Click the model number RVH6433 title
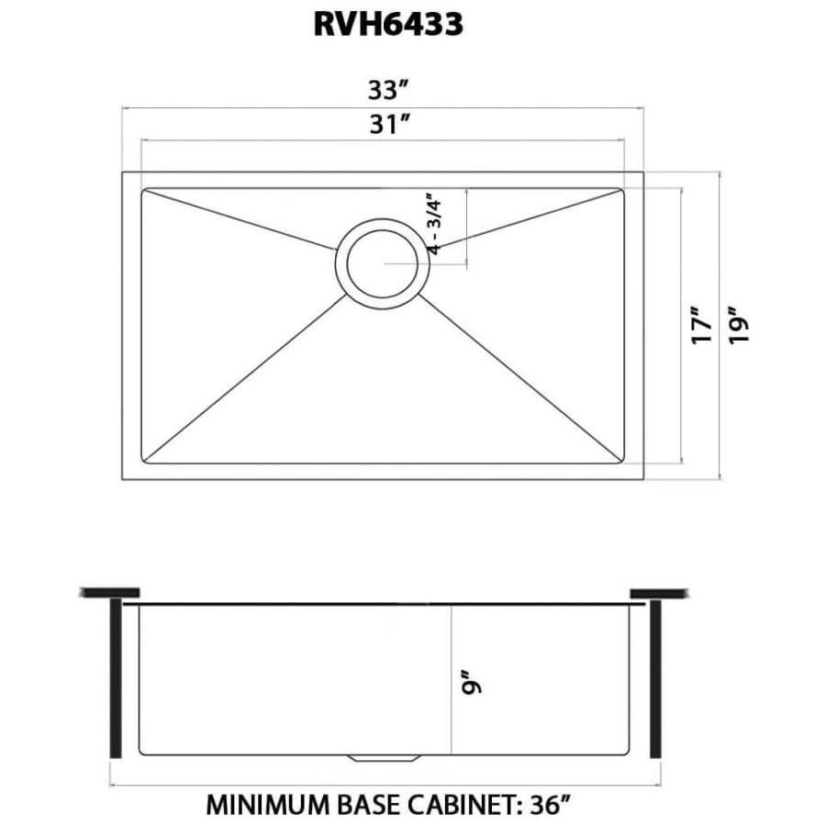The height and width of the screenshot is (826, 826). tap(388, 24)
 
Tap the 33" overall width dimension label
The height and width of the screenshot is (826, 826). tap(389, 90)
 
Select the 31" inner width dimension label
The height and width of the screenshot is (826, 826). tap(390, 124)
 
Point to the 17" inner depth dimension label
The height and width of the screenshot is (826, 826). tap(702, 325)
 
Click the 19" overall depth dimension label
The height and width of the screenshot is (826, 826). tap(739, 325)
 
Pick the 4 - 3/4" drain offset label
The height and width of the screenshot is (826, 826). tap(435, 227)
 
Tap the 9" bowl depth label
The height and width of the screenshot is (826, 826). tap(472, 682)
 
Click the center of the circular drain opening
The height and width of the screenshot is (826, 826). tap(383, 263)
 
